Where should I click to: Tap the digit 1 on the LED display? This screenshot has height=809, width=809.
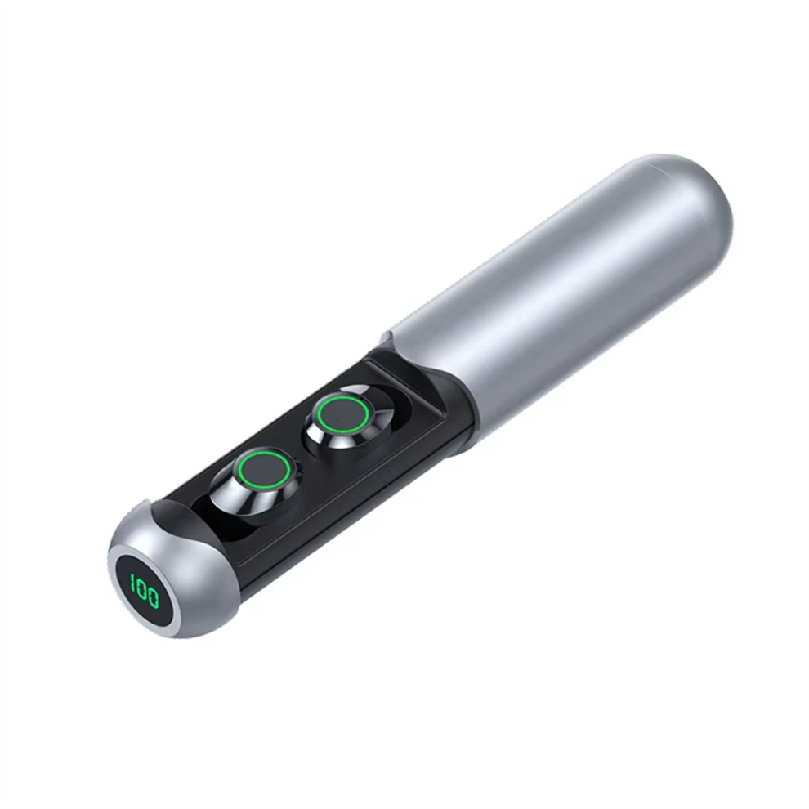point(132,585)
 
